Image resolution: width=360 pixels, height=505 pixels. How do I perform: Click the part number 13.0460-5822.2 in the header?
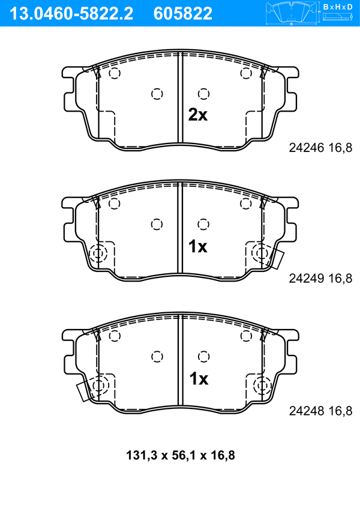coord(71,14)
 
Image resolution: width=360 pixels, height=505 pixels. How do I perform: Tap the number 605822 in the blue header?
coord(183,14)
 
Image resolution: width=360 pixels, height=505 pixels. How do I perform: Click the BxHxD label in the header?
coord(338,7)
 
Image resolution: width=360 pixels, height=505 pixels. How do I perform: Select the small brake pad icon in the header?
coord(292,13)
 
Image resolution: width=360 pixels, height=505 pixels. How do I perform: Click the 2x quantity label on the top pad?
coord(198,115)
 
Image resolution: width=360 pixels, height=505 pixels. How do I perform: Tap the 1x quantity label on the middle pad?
coord(198,247)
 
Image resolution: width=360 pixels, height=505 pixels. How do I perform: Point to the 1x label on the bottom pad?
coord(199,379)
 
